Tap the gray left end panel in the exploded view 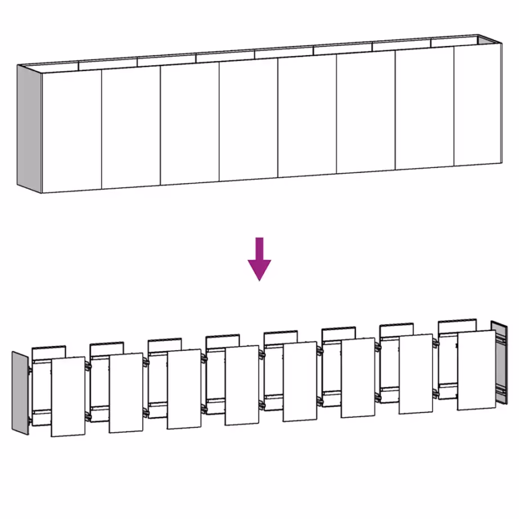click(x=20, y=392)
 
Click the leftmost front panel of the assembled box click(x=71, y=130)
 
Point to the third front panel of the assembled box click(x=190, y=123)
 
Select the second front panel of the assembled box click(x=131, y=127)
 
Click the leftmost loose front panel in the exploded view click(x=68, y=396)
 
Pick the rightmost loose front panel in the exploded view click(x=476, y=370)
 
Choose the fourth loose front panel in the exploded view click(x=242, y=385)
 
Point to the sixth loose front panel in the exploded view click(x=358, y=378)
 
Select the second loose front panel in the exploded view click(x=126, y=393)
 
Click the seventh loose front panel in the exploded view click(x=416, y=374)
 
